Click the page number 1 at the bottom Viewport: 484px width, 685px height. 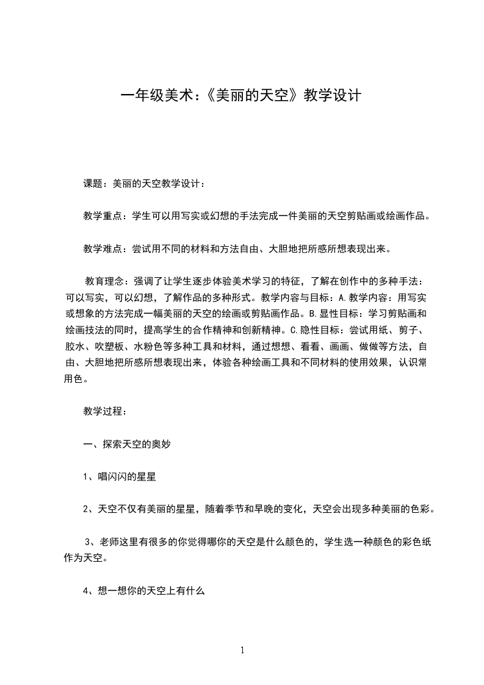(242, 650)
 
